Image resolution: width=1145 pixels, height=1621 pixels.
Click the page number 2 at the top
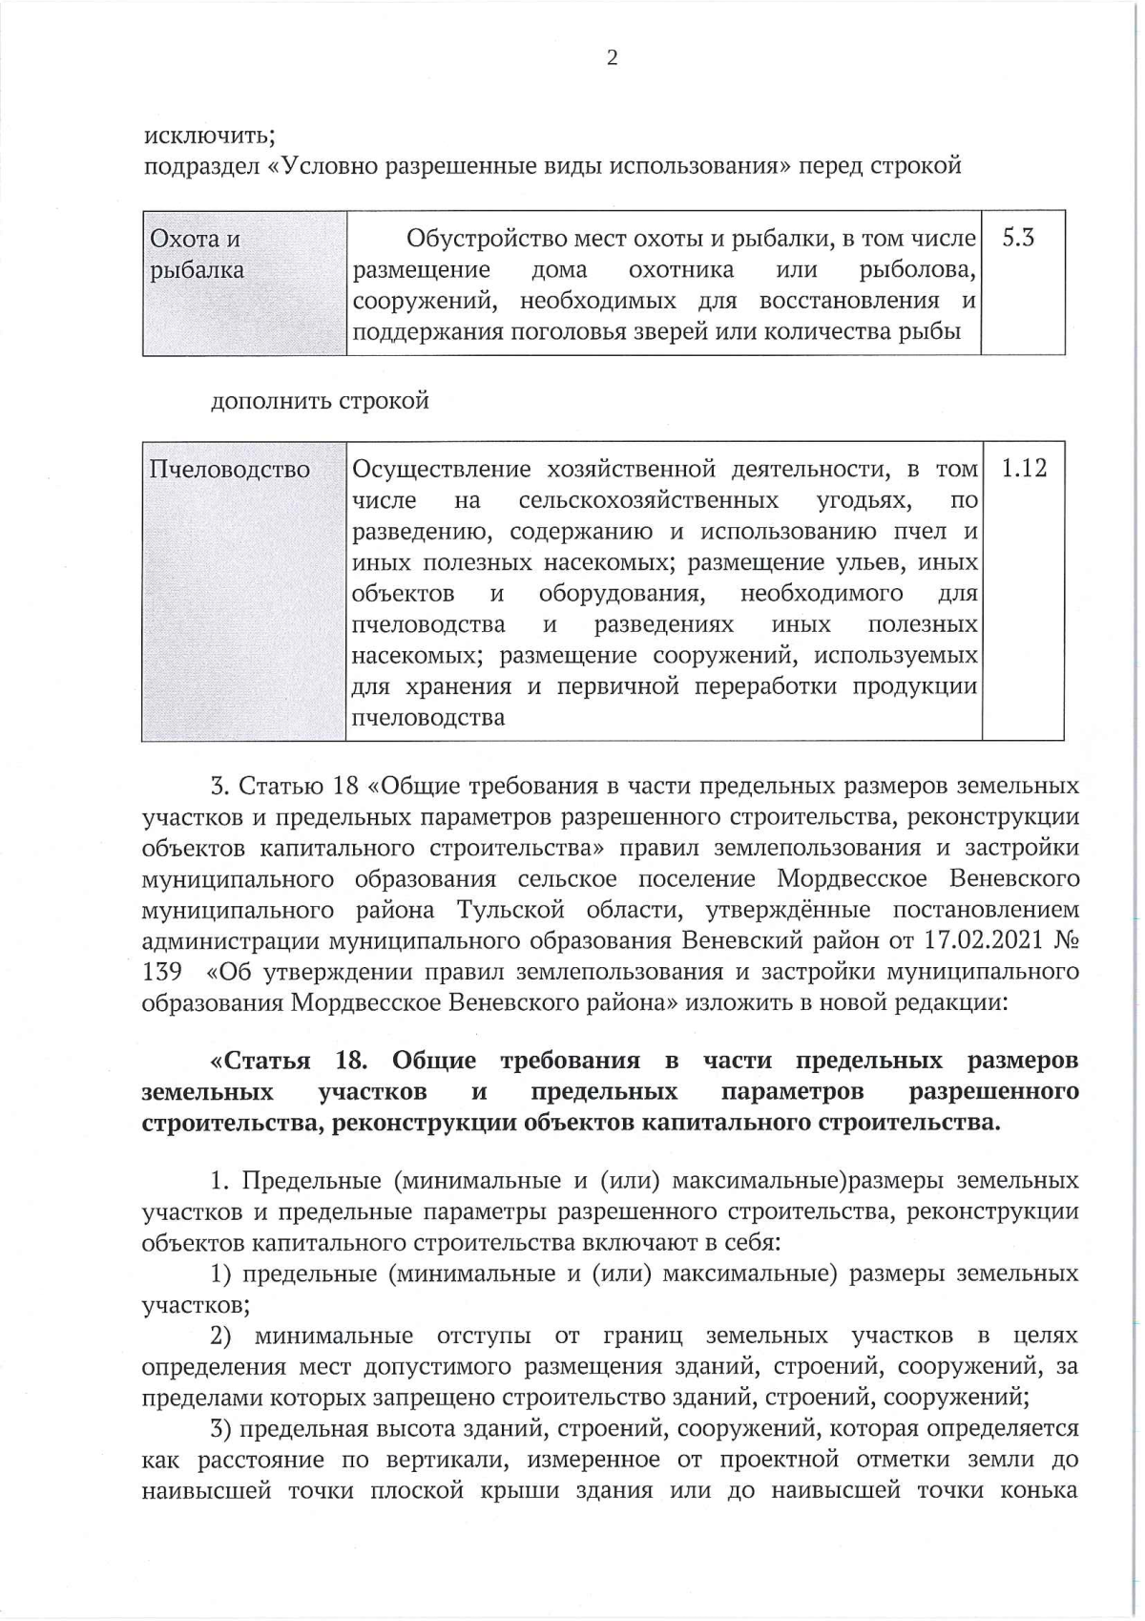pyautogui.click(x=612, y=59)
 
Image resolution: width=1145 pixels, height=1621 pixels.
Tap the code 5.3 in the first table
pyautogui.click(x=1018, y=238)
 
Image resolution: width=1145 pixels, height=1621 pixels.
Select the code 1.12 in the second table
pyautogui.click(x=1023, y=469)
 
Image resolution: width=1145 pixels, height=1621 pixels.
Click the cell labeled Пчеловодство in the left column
pyautogui.click(x=230, y=470)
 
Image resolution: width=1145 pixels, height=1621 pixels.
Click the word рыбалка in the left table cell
pyautogui.click(x=198, y=270)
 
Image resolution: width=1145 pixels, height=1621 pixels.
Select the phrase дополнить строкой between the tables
pyautogui.click(x=320, y=400)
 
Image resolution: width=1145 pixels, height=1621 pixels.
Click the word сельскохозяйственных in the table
pyautogui.click(x=648, y=500)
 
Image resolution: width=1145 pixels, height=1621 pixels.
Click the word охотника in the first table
pyautogui.click(x=681, y=270)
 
